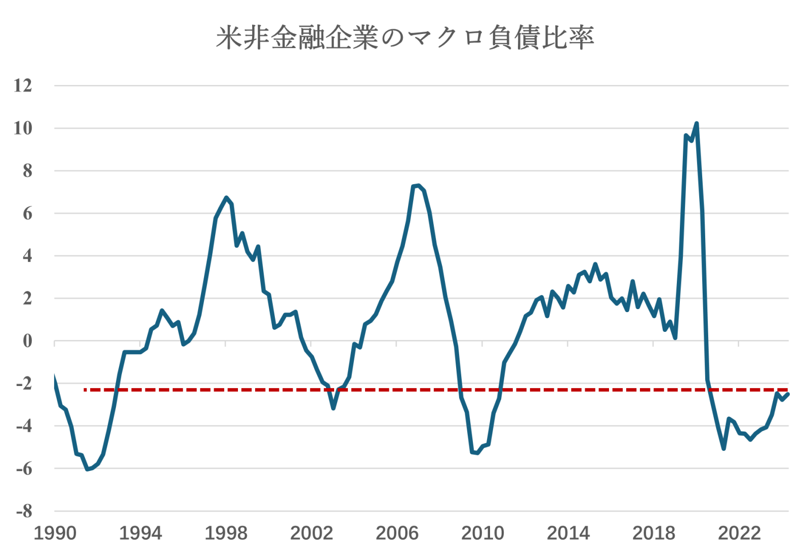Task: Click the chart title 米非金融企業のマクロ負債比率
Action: pyautogui.click(x=404, y=37)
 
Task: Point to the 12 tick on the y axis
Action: pyautogui.click(x=23, y=85)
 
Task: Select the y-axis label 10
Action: pyautogui.click(x=23, y=128)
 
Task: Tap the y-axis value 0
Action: pyautogui.click(x=27, y=341)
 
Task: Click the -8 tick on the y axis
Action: pyautogui.click(x=24, y=511)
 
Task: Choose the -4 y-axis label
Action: pyautogui.click(x=24, y=426)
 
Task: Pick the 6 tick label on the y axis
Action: pyautogui.click(x=27, y=213)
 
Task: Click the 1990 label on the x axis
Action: pyautogui.click(x=55, y=533)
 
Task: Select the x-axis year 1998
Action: pyautogui.click(x=226, y=533)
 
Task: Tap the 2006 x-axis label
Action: pyautogui.click(x=397, y=533)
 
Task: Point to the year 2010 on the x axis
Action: pyautogui.click(x=482, y=533)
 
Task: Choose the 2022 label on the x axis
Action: pyautogui.click(x=739, y=533)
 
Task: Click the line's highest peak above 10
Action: pyautogui.click(x=697, y=123)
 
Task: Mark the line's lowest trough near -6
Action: pyautogui.click(x=88, y=469)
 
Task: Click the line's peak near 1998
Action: pyautogui.click(x=226, y=197)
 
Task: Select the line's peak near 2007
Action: pyautogui.click(x=418, y=186)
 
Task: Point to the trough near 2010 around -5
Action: pyautogui.click(x=476, y=453)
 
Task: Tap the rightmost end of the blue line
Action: pyautogui.click(x=788, y=394)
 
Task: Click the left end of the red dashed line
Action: pyautogui.click(x=85, y=390)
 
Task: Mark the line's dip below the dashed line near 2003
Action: pyautogui.click(x=333, y=408)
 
